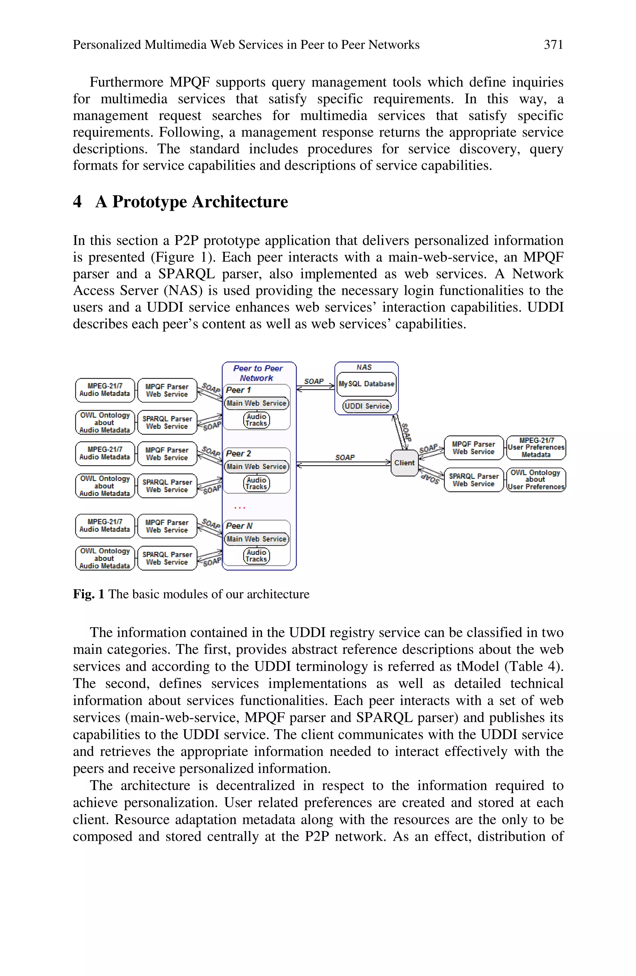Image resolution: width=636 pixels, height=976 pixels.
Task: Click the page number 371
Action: (553, 44)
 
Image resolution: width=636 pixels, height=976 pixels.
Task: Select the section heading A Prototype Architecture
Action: (191, 202)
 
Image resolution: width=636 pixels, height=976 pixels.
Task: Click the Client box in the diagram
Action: (404, 463)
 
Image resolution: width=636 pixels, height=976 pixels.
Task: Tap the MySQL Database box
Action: (366, 384)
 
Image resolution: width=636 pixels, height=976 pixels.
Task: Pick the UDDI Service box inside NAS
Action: (367, 406)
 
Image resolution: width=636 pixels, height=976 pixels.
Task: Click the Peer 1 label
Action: (238, 390)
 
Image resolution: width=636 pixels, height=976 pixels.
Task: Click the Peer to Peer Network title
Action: (258, 373)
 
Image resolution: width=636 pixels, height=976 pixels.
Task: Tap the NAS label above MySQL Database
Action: (364, 367)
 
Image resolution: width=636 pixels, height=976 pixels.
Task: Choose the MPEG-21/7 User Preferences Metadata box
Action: (536, 448)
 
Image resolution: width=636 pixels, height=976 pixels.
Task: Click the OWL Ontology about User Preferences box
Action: (536, 479)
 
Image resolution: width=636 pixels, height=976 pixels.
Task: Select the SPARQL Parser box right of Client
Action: (474, 480)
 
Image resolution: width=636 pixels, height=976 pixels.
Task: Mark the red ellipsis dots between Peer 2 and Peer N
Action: (240, 508)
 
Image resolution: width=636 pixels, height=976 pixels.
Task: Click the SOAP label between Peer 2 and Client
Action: (345, 457)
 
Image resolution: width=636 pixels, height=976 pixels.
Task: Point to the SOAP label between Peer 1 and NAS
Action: (314, 381)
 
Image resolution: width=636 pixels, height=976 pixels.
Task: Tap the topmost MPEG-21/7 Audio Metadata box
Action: (105, 390)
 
